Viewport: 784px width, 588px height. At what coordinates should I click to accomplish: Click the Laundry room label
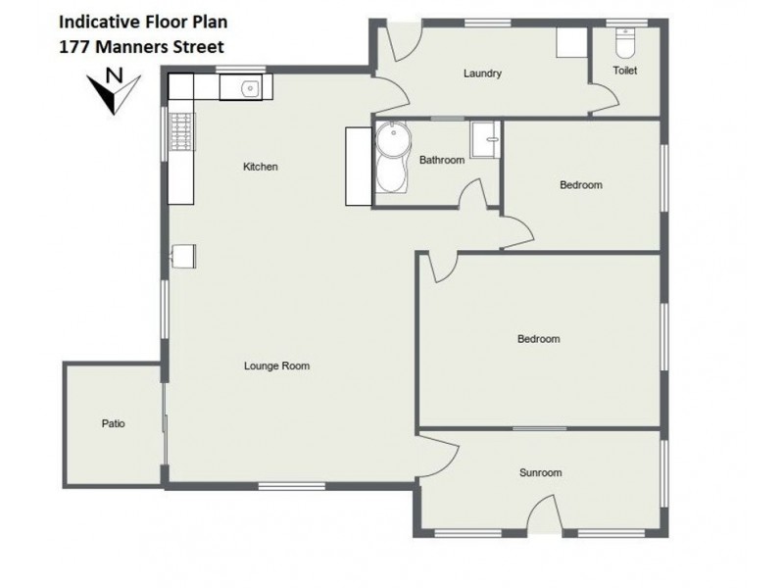coord(482,73)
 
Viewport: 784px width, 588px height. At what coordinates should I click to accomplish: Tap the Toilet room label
coord(623,71)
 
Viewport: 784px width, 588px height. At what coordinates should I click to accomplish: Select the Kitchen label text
coord(261,167)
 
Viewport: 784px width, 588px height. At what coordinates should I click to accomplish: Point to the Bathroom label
coord(441,160)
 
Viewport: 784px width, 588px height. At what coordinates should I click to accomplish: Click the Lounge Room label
coord(276,367)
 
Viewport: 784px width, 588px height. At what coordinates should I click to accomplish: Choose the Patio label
coord(113,424)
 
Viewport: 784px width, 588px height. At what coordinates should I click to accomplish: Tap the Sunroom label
coord(540,472)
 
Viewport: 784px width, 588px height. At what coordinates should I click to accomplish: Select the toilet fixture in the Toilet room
coord(624,43)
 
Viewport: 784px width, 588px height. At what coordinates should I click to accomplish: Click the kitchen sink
coord(249,89)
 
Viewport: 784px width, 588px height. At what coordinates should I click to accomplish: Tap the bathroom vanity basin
coord(484,139)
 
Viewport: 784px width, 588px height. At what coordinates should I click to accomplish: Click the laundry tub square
coord(568,44)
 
